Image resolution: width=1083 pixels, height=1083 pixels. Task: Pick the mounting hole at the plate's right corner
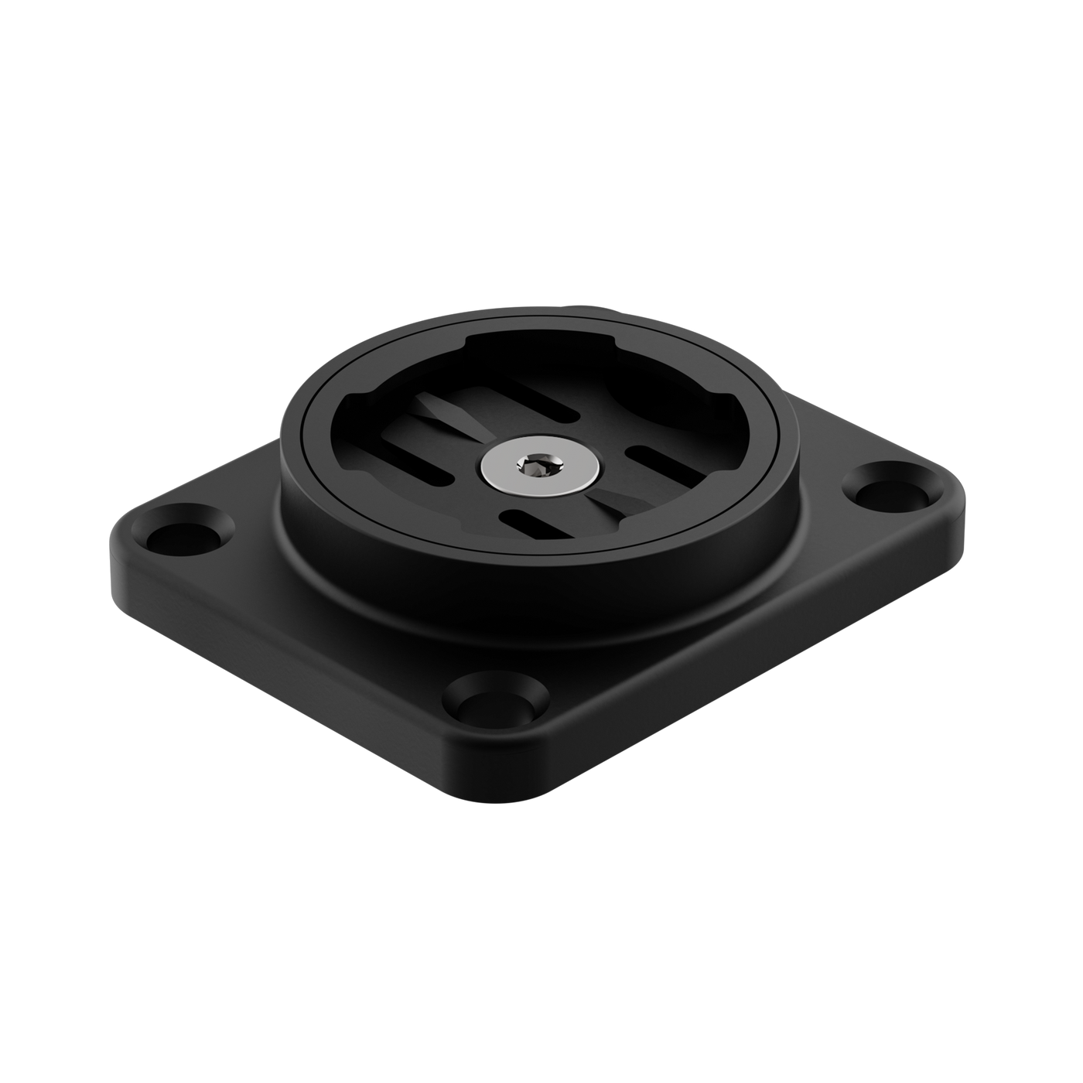(x=883, y=489)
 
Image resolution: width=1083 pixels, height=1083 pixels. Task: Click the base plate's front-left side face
(x=294, y=665)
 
